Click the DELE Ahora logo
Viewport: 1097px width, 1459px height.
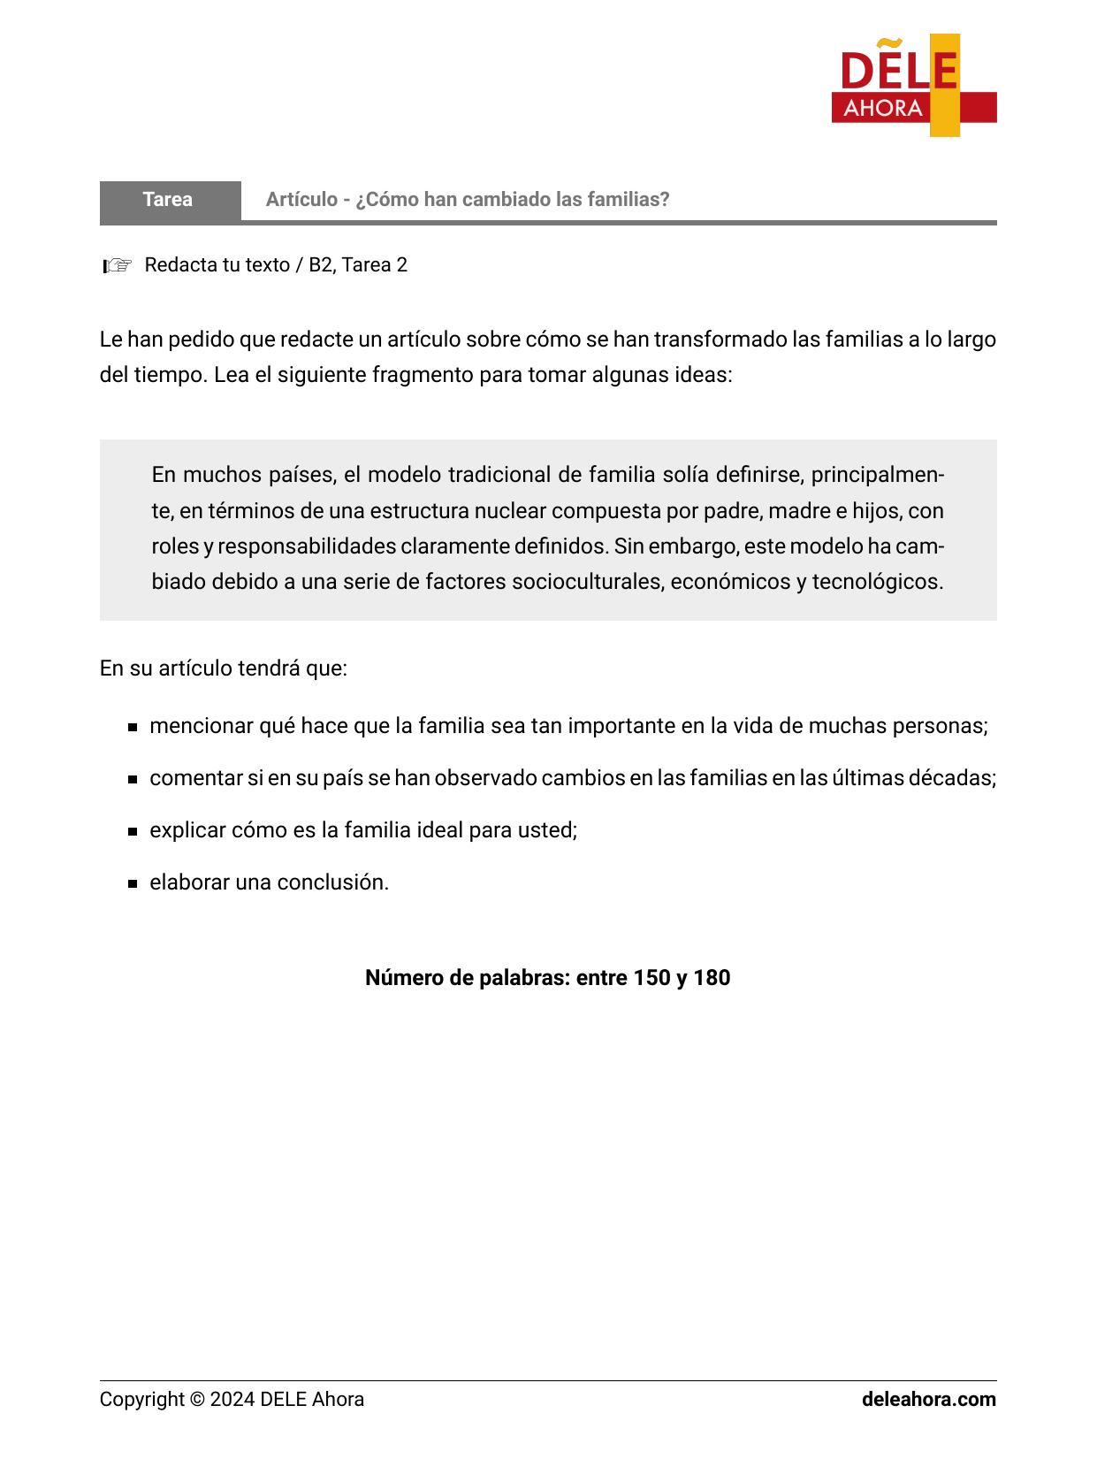[x=913, y=86]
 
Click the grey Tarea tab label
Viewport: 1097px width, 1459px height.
[x=168, y=200]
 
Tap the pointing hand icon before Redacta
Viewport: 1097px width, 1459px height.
[x=118, y=265]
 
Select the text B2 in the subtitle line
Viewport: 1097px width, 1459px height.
[x=319, y=265]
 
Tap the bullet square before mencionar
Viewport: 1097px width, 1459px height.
[x=132, y=728]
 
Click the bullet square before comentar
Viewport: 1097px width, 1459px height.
[x=132, y=780]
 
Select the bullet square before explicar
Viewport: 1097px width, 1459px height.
[x=132, y=832]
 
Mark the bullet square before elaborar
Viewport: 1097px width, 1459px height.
[x=132, y=884]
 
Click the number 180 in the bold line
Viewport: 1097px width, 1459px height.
[x=712, y=978]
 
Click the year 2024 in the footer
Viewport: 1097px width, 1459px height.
[x=232, y=1400]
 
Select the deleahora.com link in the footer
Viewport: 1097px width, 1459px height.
[x=928, y=1400]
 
